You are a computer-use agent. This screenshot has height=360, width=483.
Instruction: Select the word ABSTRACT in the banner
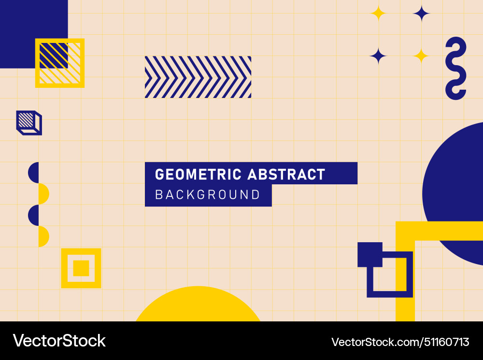coord(286,174)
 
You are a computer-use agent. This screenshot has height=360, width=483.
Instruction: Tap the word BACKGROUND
coord(208,195)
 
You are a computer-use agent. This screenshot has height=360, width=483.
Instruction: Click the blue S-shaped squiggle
coord(455,68)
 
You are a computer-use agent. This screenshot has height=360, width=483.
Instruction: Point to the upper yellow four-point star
coord(378,14)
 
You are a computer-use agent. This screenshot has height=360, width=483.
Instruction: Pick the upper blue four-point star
coord(421,14)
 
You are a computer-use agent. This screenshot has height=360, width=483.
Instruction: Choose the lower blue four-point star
coord(378,56)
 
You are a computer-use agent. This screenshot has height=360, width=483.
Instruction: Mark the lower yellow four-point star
coord(421,56)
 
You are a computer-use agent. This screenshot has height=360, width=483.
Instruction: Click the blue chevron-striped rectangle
coord(198,77)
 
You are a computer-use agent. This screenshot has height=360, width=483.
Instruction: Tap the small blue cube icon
coord(28,123)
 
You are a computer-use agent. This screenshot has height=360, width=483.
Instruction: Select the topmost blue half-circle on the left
coord(34,173)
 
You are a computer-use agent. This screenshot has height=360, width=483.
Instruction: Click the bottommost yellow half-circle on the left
coord(43,236)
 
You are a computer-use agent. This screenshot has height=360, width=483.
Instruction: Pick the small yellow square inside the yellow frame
coord(81,268)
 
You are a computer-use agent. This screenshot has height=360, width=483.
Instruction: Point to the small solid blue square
coord(369,254)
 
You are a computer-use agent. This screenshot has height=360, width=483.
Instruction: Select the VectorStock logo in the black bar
coord(59,341)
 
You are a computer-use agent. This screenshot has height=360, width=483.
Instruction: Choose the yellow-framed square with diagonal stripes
coord(60,63)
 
